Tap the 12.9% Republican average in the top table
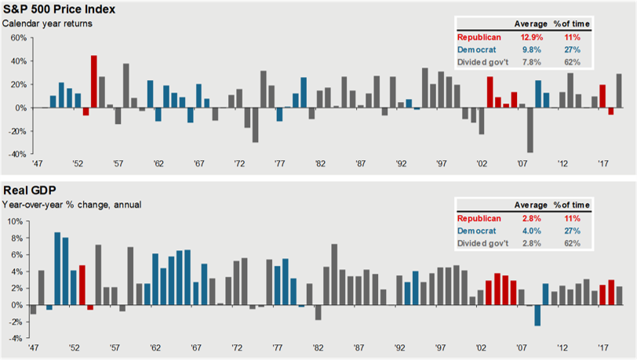coord(530,36)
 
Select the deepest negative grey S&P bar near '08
coord(530,130)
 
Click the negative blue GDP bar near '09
coord(538,315)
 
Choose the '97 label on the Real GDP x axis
coord(441,347)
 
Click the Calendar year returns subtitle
coord(47,24)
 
